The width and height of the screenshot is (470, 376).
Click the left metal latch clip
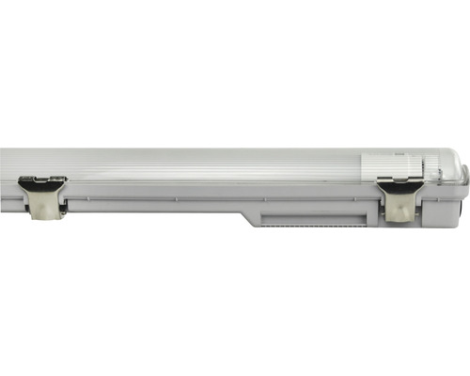(x=43, y=196)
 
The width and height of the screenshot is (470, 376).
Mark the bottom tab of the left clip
(x=41, y=211)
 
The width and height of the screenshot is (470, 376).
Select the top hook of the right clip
(x=399, y=181)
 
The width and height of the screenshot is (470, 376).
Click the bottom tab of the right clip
(x=399, y=213)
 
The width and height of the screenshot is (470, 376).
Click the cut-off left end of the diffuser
(x=4, y=164)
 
